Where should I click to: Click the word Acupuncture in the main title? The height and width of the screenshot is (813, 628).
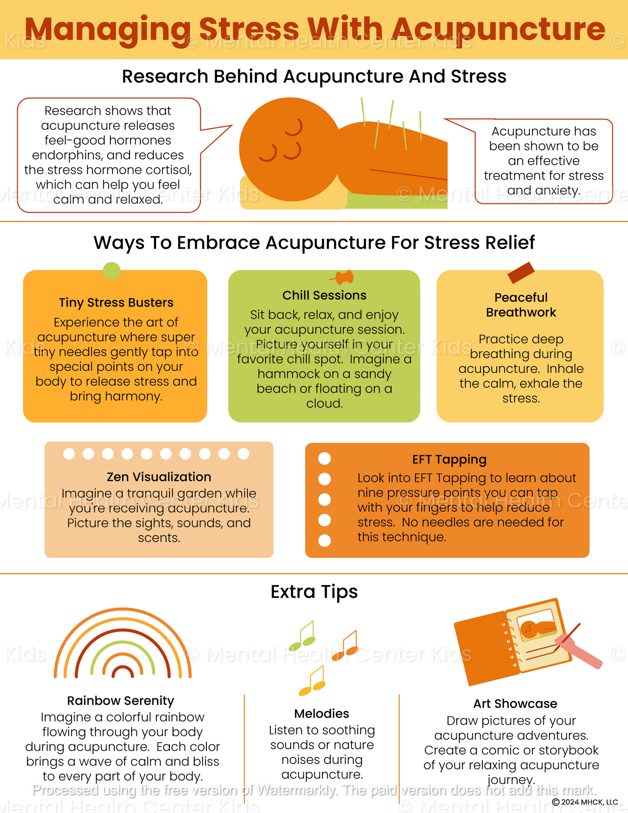(499, 30)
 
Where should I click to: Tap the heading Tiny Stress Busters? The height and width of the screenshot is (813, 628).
(116, 303)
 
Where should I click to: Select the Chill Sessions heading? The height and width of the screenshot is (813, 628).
(324, 295)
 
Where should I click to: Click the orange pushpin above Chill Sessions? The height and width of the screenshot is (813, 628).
(342, 277)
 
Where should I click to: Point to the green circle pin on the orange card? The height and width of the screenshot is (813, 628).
(112, 271)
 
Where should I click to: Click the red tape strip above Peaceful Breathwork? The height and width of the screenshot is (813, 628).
(521, 273)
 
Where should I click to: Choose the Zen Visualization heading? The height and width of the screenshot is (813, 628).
(159, 477)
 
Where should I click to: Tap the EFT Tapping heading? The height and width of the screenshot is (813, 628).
(449, 460)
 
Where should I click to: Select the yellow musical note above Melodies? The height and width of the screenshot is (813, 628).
(312, 680)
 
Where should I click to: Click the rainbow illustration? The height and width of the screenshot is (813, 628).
(123, 643)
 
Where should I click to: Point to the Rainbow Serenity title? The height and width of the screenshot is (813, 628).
(120, 701)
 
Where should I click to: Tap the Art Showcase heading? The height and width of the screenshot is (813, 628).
(515, 703)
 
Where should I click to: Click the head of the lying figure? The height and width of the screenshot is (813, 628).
(289, 149)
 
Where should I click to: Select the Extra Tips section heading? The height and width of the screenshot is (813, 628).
(314, 592)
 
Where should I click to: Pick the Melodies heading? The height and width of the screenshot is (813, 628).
(322, 713)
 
